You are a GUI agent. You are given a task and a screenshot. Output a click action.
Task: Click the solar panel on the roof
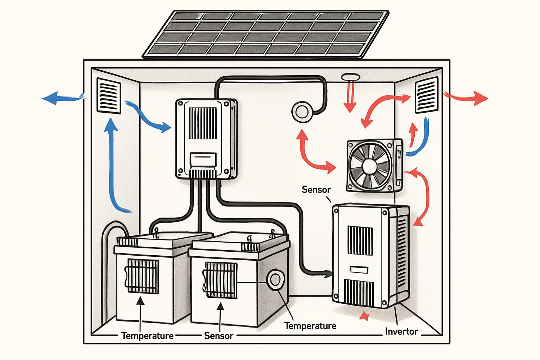click(x=266, y=34)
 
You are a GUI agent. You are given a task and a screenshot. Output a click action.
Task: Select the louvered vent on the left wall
click(x=109, y=96)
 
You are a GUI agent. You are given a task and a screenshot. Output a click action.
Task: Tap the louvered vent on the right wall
click(x=427, y=95)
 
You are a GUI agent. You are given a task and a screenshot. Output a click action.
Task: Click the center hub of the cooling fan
click(x=370, y=166)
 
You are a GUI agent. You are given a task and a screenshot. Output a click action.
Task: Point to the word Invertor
click(x=401, y=332)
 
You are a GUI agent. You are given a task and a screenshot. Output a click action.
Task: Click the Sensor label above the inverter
click(x=316, y=190)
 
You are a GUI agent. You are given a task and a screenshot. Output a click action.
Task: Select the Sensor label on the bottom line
click(x=219, y=336)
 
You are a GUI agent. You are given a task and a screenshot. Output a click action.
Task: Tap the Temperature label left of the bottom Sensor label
click(x=147, y=336)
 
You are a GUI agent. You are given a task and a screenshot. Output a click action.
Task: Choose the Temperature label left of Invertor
click(x=310, y=326)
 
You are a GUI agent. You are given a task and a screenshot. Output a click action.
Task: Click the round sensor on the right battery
click(x=276, y=279)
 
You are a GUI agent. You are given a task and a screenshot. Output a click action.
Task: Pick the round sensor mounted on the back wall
click(x=302, y=112)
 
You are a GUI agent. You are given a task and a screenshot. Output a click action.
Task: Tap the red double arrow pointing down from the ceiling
click(x=350, y=96)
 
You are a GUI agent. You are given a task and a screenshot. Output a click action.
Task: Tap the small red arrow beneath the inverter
click(x=365, y=316)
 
